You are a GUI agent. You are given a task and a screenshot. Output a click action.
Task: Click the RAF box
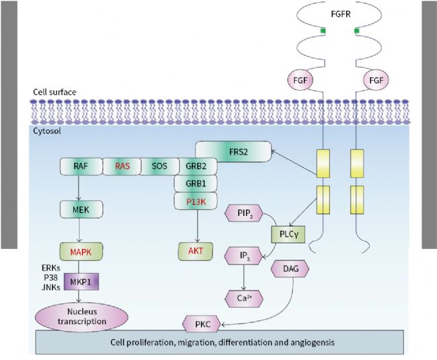click(80, 166)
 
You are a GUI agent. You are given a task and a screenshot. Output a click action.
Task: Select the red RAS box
click(122, 166)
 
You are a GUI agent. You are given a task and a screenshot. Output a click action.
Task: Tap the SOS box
click(159, 166)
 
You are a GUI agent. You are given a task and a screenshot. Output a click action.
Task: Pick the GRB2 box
click(195, 166)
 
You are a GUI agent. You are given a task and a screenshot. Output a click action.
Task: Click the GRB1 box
click(195, 183)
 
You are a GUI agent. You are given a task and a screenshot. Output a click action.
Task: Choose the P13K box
click(195, 201)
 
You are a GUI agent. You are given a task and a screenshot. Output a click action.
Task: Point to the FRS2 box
click(233, 151)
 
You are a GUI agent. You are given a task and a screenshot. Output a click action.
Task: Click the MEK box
click(80, 211)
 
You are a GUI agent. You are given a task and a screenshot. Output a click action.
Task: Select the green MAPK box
click(80, 253)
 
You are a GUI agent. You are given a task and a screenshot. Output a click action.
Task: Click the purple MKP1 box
click(80, 282)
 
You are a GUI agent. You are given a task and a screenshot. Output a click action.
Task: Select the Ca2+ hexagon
click(243, 297)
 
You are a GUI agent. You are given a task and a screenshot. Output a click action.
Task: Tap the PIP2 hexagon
click(243, 215)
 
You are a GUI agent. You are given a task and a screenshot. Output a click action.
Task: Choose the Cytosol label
click(47, 132)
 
